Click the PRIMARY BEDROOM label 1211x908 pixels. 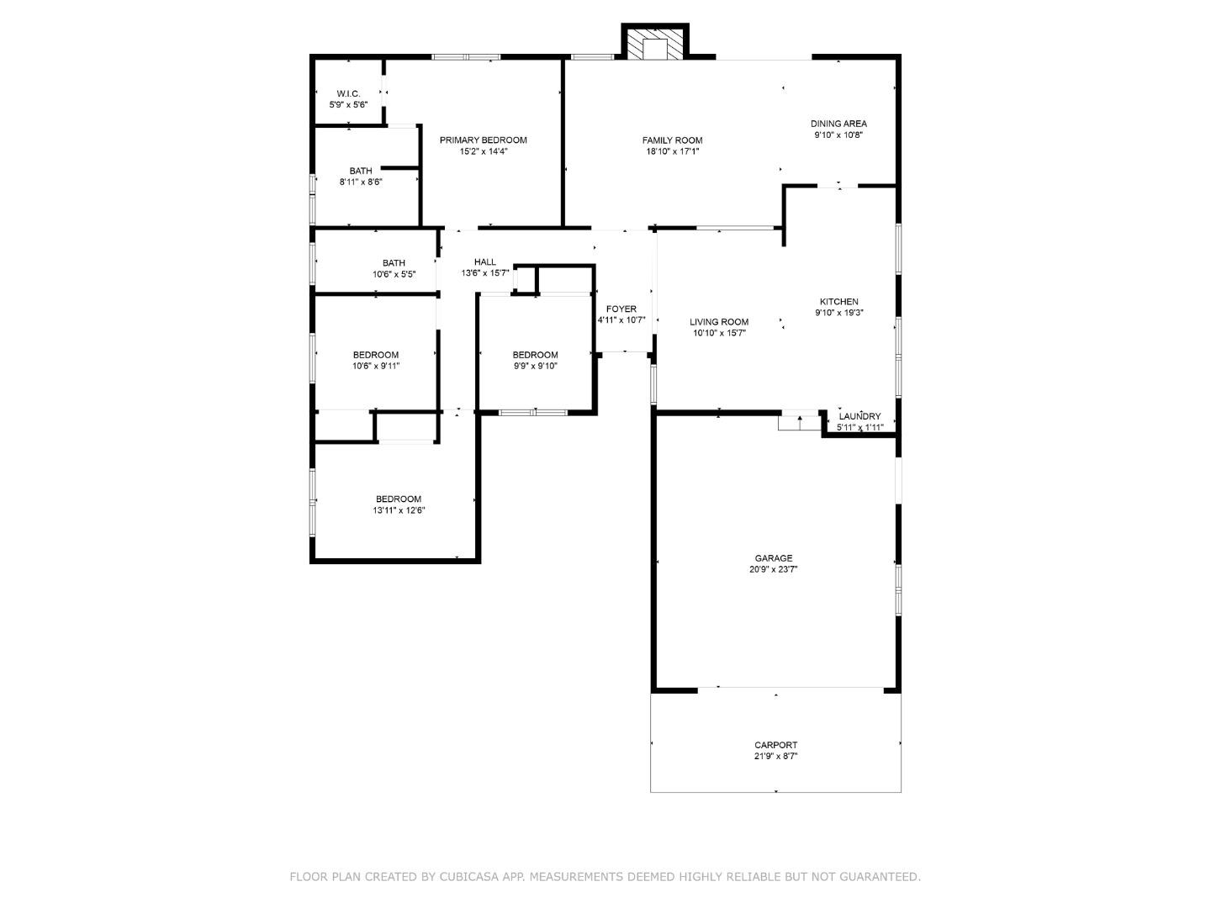483,140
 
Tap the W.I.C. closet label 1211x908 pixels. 348,93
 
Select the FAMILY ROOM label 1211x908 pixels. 672,140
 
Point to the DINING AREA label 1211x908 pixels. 838,124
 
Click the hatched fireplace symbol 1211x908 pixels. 655,48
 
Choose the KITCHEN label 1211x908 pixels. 838,302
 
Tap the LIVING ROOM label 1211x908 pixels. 719,322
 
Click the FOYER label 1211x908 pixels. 621,309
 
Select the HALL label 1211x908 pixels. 485,262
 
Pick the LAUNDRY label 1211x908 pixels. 859,416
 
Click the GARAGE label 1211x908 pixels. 773,558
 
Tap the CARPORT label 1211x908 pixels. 775,745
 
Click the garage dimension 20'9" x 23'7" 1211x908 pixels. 773,569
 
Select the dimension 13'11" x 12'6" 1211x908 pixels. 399,510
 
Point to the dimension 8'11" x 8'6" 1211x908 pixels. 361,182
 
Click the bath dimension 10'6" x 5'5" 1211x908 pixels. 394,274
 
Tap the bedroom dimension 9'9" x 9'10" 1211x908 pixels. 535,366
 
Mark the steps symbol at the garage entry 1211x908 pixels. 799,421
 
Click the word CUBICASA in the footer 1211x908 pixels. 472,877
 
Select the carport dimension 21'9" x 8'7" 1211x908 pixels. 775,756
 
